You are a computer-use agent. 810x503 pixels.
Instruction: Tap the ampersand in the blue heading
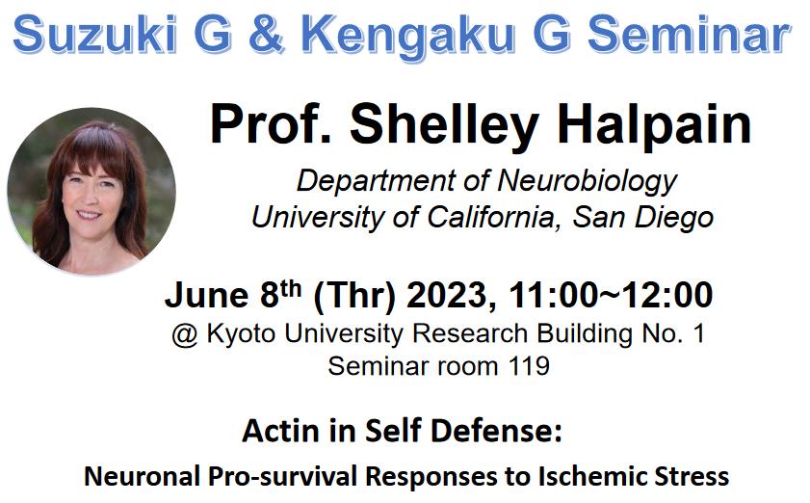(x=267, y=34)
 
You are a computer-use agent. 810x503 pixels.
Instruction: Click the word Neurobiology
(x=587, y=182)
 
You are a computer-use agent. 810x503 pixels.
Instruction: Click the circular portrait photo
(x=91, y=191)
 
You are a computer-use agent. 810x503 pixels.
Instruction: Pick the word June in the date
(x=206, y=295)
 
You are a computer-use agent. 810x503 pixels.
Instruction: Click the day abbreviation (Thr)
(x=354, y=296)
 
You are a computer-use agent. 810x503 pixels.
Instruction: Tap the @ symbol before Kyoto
(x=185, y=334)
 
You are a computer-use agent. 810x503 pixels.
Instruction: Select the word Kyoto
(x=241, y=334)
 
